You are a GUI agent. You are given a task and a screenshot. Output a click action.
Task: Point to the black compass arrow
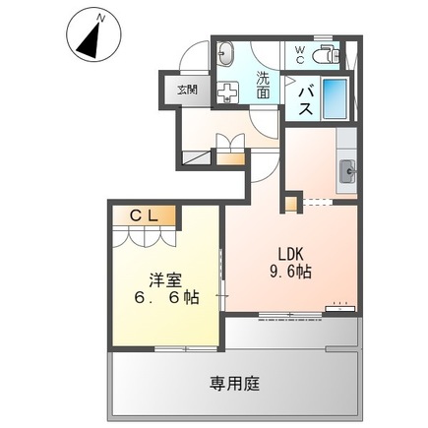point(91,38)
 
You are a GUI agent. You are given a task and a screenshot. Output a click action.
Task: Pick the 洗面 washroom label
point(264,83)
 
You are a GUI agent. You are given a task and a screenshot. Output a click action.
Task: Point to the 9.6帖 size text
point(291,272)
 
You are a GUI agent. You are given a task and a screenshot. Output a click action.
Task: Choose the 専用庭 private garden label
point(235,383)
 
